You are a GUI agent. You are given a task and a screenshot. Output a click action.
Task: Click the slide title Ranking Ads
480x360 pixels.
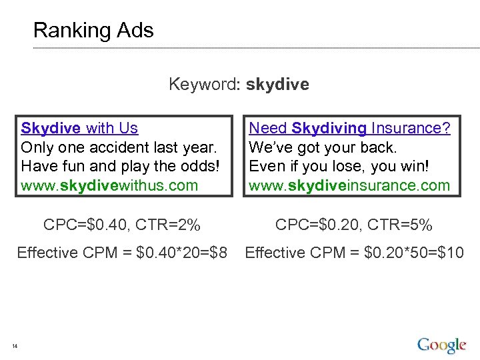point(93,31)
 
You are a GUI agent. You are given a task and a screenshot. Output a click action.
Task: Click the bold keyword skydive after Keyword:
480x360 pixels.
point(277,85)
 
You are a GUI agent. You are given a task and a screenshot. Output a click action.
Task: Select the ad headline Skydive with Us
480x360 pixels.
point(79,128)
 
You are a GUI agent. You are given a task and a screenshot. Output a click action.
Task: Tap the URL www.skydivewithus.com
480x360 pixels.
point(109,185)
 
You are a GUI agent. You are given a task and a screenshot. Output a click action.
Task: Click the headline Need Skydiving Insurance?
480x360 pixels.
point(349,128)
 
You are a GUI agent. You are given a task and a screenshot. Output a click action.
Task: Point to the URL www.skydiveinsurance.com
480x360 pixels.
point(349,185)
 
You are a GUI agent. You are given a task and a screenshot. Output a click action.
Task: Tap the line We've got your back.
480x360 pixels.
point(323,147)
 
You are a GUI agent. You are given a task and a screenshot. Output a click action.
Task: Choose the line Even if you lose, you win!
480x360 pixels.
point(339,166)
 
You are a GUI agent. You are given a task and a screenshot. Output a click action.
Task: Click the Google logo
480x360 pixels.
point(441,345)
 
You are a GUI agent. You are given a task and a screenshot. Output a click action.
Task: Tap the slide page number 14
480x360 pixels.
point(15,345)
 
